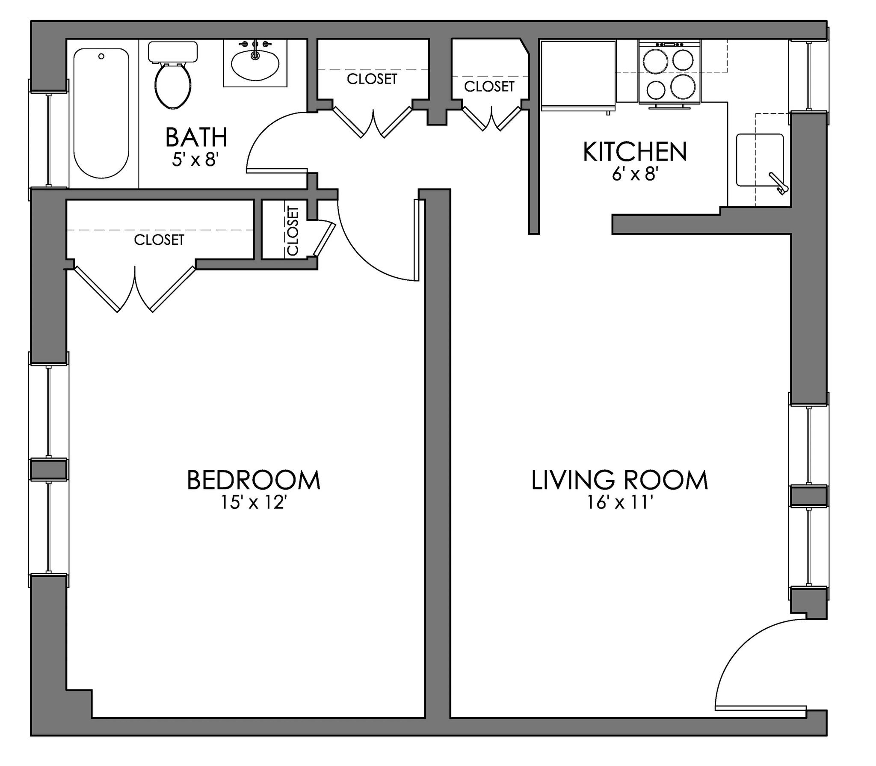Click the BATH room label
tap(196, 137)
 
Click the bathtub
tap(101, 113)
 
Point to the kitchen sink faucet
tap(778, 184)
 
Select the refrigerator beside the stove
tap(577, 75)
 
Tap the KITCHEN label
tap(635, 152)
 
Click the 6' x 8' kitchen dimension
tap(634, 174)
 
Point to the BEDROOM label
tap(254, 480)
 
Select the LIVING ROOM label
tap(620, 480)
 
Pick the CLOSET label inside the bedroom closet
tap(159, 240)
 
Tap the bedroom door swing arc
tap(364, 257)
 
